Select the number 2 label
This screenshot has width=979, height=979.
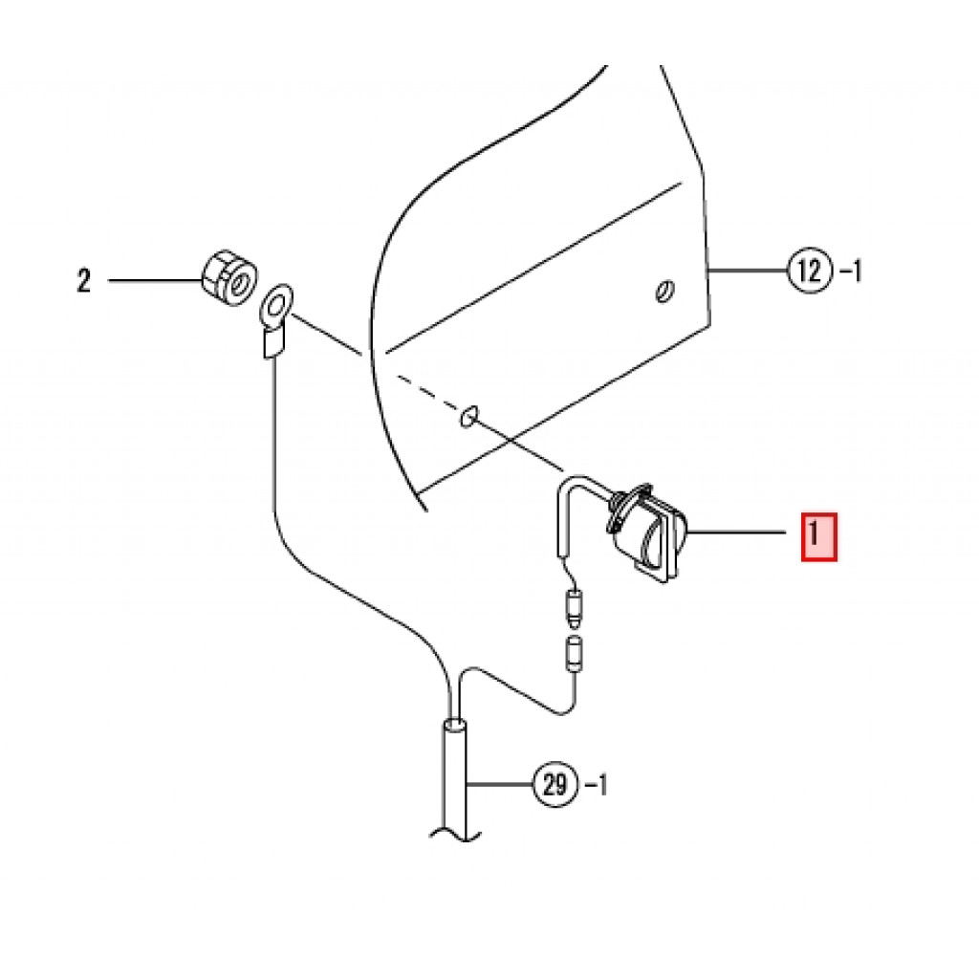pos(84,281)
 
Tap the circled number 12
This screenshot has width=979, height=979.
pos(808,272)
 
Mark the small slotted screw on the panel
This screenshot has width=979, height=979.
pos(664,292)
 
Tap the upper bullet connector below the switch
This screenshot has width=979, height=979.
pos(576,605)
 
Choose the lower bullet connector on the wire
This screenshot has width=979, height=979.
pos(576,652)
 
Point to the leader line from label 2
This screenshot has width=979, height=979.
pos(153,281)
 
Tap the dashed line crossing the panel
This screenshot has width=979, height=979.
pos(425,392)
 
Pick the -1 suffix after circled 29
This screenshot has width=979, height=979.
pos(595,786)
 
